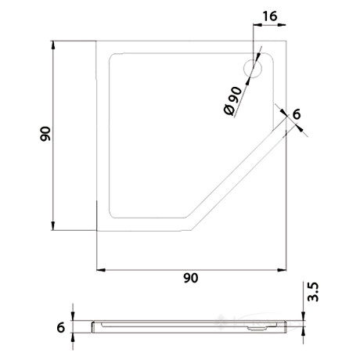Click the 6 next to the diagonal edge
click(297, 114)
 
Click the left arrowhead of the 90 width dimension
click(99, 269)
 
